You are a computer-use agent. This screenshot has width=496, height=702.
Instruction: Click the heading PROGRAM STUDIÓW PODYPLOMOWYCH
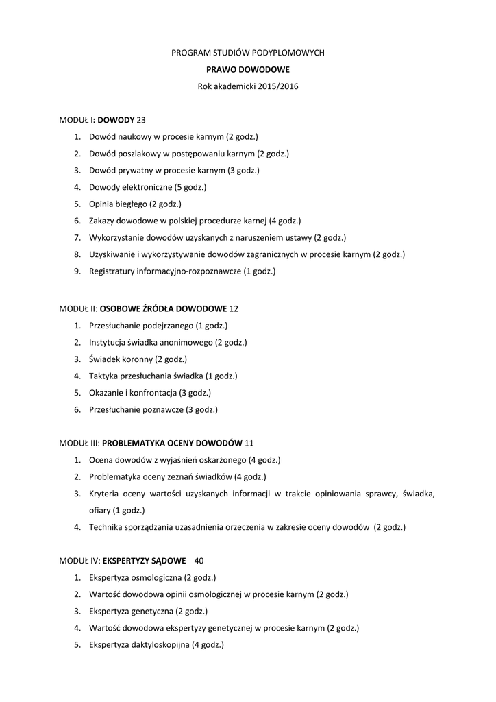(x=248, y=52)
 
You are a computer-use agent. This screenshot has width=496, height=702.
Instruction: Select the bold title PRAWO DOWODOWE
(x=248, y=69)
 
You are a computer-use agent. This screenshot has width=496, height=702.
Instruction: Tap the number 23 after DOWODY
(x=142, y=120)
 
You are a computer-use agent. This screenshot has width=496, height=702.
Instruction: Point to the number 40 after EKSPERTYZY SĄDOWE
(x=199, y=560)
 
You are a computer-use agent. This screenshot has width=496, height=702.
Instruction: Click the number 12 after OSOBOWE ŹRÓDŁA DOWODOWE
(x=234, y=308)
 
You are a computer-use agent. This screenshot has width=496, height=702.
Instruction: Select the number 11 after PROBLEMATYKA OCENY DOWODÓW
(x=249, y=443)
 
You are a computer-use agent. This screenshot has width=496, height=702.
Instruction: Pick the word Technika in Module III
(x=106, y=527)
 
